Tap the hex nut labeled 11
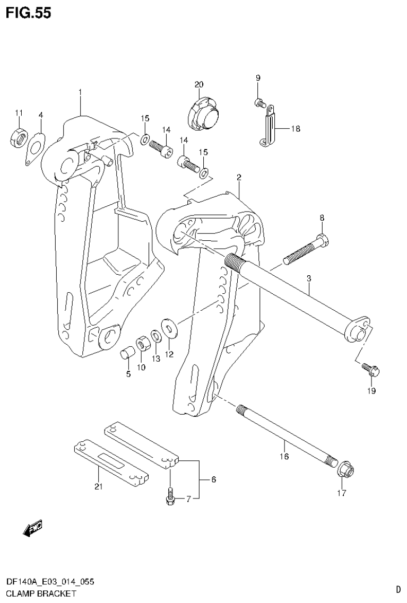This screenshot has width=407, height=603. tap(19, 138)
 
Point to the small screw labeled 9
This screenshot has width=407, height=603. tap(260, 102)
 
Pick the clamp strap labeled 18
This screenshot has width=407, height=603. tap(269, 127)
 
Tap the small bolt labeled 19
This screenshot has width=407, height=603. tap(368, 370)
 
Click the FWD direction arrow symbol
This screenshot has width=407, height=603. tap(32, 528)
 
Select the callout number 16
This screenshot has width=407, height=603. tap(284, 456)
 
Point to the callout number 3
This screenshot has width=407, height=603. tap(309, 278)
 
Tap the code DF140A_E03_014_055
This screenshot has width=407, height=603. tap(50, 582)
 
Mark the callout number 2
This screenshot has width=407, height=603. tap(239, 178)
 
